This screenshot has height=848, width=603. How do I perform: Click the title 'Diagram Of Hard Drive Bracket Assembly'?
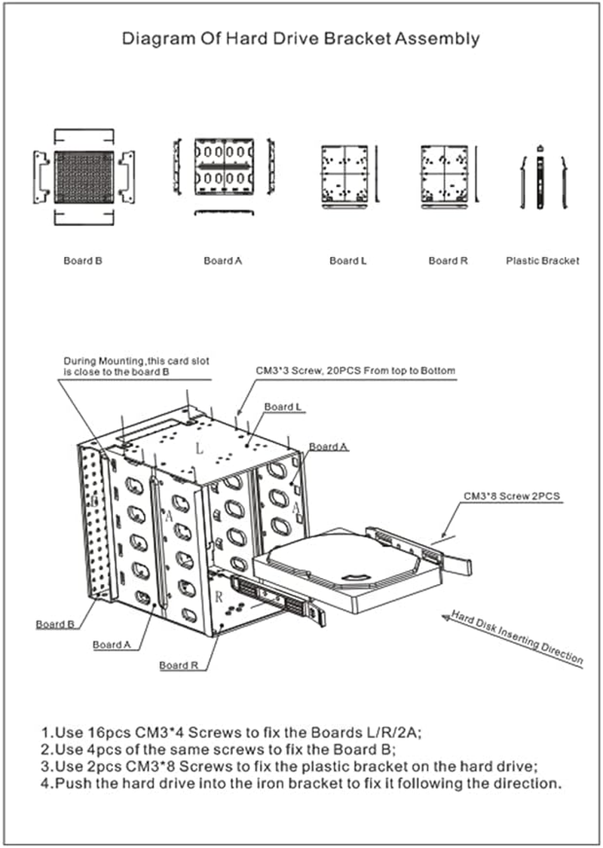click(x=301, y=39)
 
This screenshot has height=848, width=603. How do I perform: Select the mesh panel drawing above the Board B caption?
click(x=83, y=177)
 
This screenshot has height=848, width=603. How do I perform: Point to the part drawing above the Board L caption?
click(x=343, y=174)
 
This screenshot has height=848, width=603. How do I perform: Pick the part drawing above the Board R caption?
click(x=445, y=174)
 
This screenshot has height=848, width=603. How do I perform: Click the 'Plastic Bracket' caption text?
click(x=542, y=261)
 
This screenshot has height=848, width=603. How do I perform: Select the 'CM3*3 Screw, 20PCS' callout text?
click(x=355, y=371)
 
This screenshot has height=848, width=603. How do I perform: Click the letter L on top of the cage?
click(x=199, y=448)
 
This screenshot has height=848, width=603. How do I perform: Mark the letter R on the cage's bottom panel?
click(x=218, y=596)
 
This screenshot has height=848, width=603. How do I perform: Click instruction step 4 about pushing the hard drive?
click(x=301, y=784)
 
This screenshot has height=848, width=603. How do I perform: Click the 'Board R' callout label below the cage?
click(x=179, y=666)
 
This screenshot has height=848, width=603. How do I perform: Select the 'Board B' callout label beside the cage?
click(x=55, y=624)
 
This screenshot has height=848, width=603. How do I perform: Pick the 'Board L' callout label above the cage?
click(x=283, y=407)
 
